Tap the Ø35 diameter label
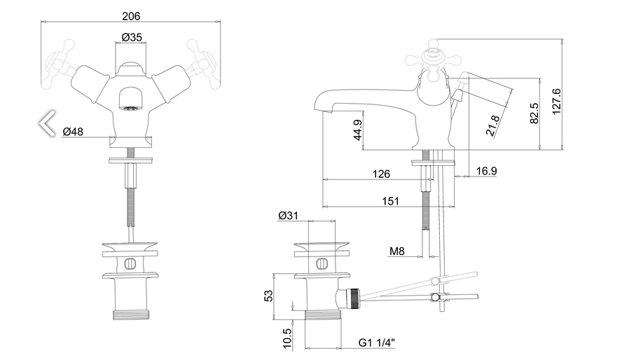pyautogui.click(x=132, y=37)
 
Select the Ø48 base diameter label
pyautogui.click(x=73, y=131)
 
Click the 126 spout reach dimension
pyautogui.click(x=381, y=174)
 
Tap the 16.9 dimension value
pyautogui.click(x=486, y=170)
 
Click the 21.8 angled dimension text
pyautogui.click(x=494, y=125)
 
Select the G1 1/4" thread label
pyautogui.click(x=377, y=343)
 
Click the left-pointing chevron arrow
pyautogui.click(x=47, y=123)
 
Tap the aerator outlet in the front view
pyautogui.click(x=129, y=107)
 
